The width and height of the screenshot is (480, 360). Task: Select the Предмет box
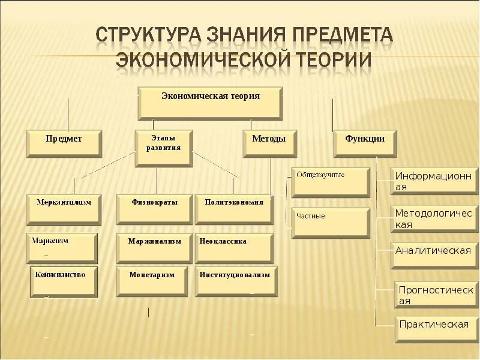click(x=64, y=143)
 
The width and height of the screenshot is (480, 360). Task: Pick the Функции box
click(x=365, y=143)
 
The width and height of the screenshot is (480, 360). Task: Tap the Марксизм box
click(x=62, y=247)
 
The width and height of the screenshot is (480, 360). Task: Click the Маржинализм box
click(x=154, y=247)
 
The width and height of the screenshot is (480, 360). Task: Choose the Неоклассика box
click(x=234, y=247)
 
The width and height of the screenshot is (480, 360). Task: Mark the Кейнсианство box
click(x=64, y=281)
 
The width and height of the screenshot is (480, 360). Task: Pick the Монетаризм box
click(x=154, y=281)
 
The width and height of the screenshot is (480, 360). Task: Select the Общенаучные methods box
click(x=331, y=182)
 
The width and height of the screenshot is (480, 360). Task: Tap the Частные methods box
click(x=331, y=223)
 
